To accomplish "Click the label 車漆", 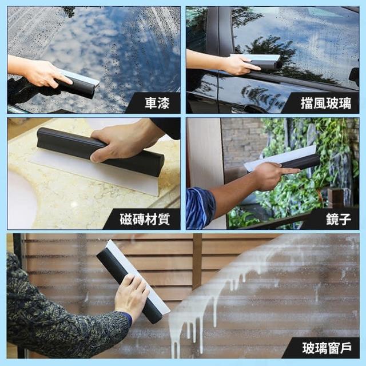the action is pyautogui.click(x=157, y=103).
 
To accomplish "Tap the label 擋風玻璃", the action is pyautogui.click(x=326, y=103).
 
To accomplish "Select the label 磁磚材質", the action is pyautogui.click(x=145, y=219).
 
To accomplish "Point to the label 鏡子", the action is pyautogui.click(x=339, y=219).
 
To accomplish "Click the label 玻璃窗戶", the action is pyautogui.click(x=327, y=348).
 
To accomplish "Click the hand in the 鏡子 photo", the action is pyautogui.click(x=273, y=175).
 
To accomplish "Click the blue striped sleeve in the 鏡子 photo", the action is pyautogui.click(x=200, y=208).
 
